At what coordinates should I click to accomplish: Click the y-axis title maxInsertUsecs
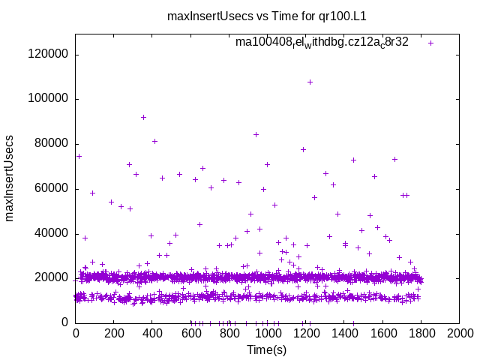[10, 178]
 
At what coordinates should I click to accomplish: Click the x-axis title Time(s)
[266, 349]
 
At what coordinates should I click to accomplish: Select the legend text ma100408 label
[322, 42]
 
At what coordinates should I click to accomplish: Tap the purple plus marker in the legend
[430, 43]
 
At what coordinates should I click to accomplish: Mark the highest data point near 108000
[310, 82]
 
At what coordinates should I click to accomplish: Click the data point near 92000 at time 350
[143, 117]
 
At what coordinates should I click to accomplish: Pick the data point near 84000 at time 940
[256, 134]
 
